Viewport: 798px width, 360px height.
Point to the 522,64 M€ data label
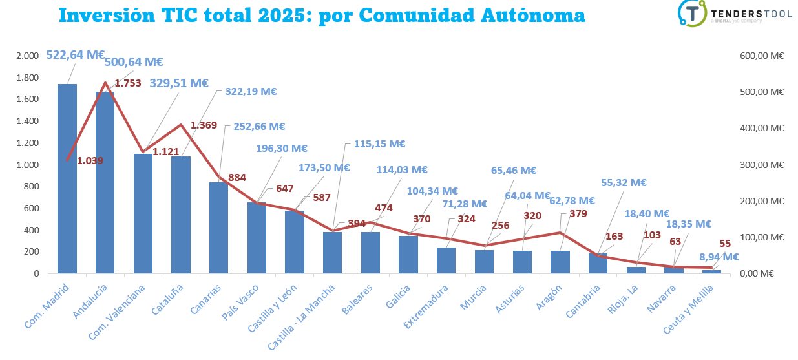tap(75, 55)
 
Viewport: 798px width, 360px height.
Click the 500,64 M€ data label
tap(134, 62)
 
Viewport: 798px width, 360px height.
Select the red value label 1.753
tap(128, 83)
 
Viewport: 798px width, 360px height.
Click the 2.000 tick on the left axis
tap(28, 56)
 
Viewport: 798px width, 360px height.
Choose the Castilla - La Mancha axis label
tap(301, 314)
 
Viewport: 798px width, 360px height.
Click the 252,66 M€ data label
tap(255, 126)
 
